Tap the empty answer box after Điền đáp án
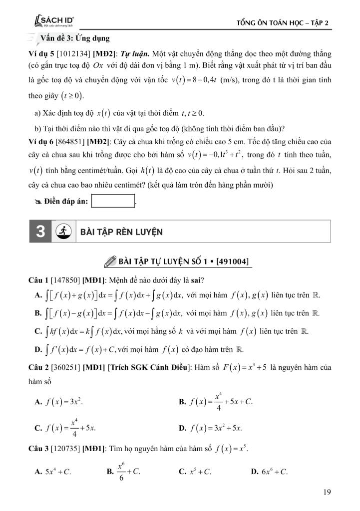113,201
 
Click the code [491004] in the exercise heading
231,261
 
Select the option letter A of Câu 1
38,295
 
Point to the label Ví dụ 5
41,53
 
